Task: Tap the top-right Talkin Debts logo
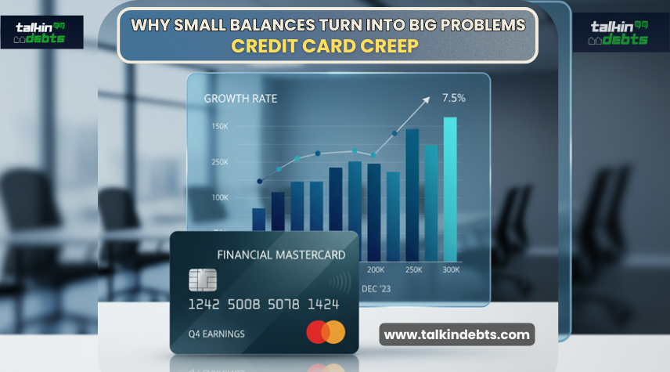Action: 619,32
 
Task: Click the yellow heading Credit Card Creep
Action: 326,45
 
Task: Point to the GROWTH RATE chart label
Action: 240,99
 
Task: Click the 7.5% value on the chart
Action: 454,98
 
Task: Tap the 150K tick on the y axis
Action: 219,126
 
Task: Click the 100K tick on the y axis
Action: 219,197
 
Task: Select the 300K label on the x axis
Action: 452,269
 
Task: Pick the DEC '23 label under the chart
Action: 377,288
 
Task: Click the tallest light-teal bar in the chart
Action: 450,188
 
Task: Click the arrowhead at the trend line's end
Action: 427,99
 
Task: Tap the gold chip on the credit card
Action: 203,280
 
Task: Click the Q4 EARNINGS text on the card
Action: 216,334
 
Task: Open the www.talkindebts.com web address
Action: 457,334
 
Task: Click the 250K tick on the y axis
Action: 219,162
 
